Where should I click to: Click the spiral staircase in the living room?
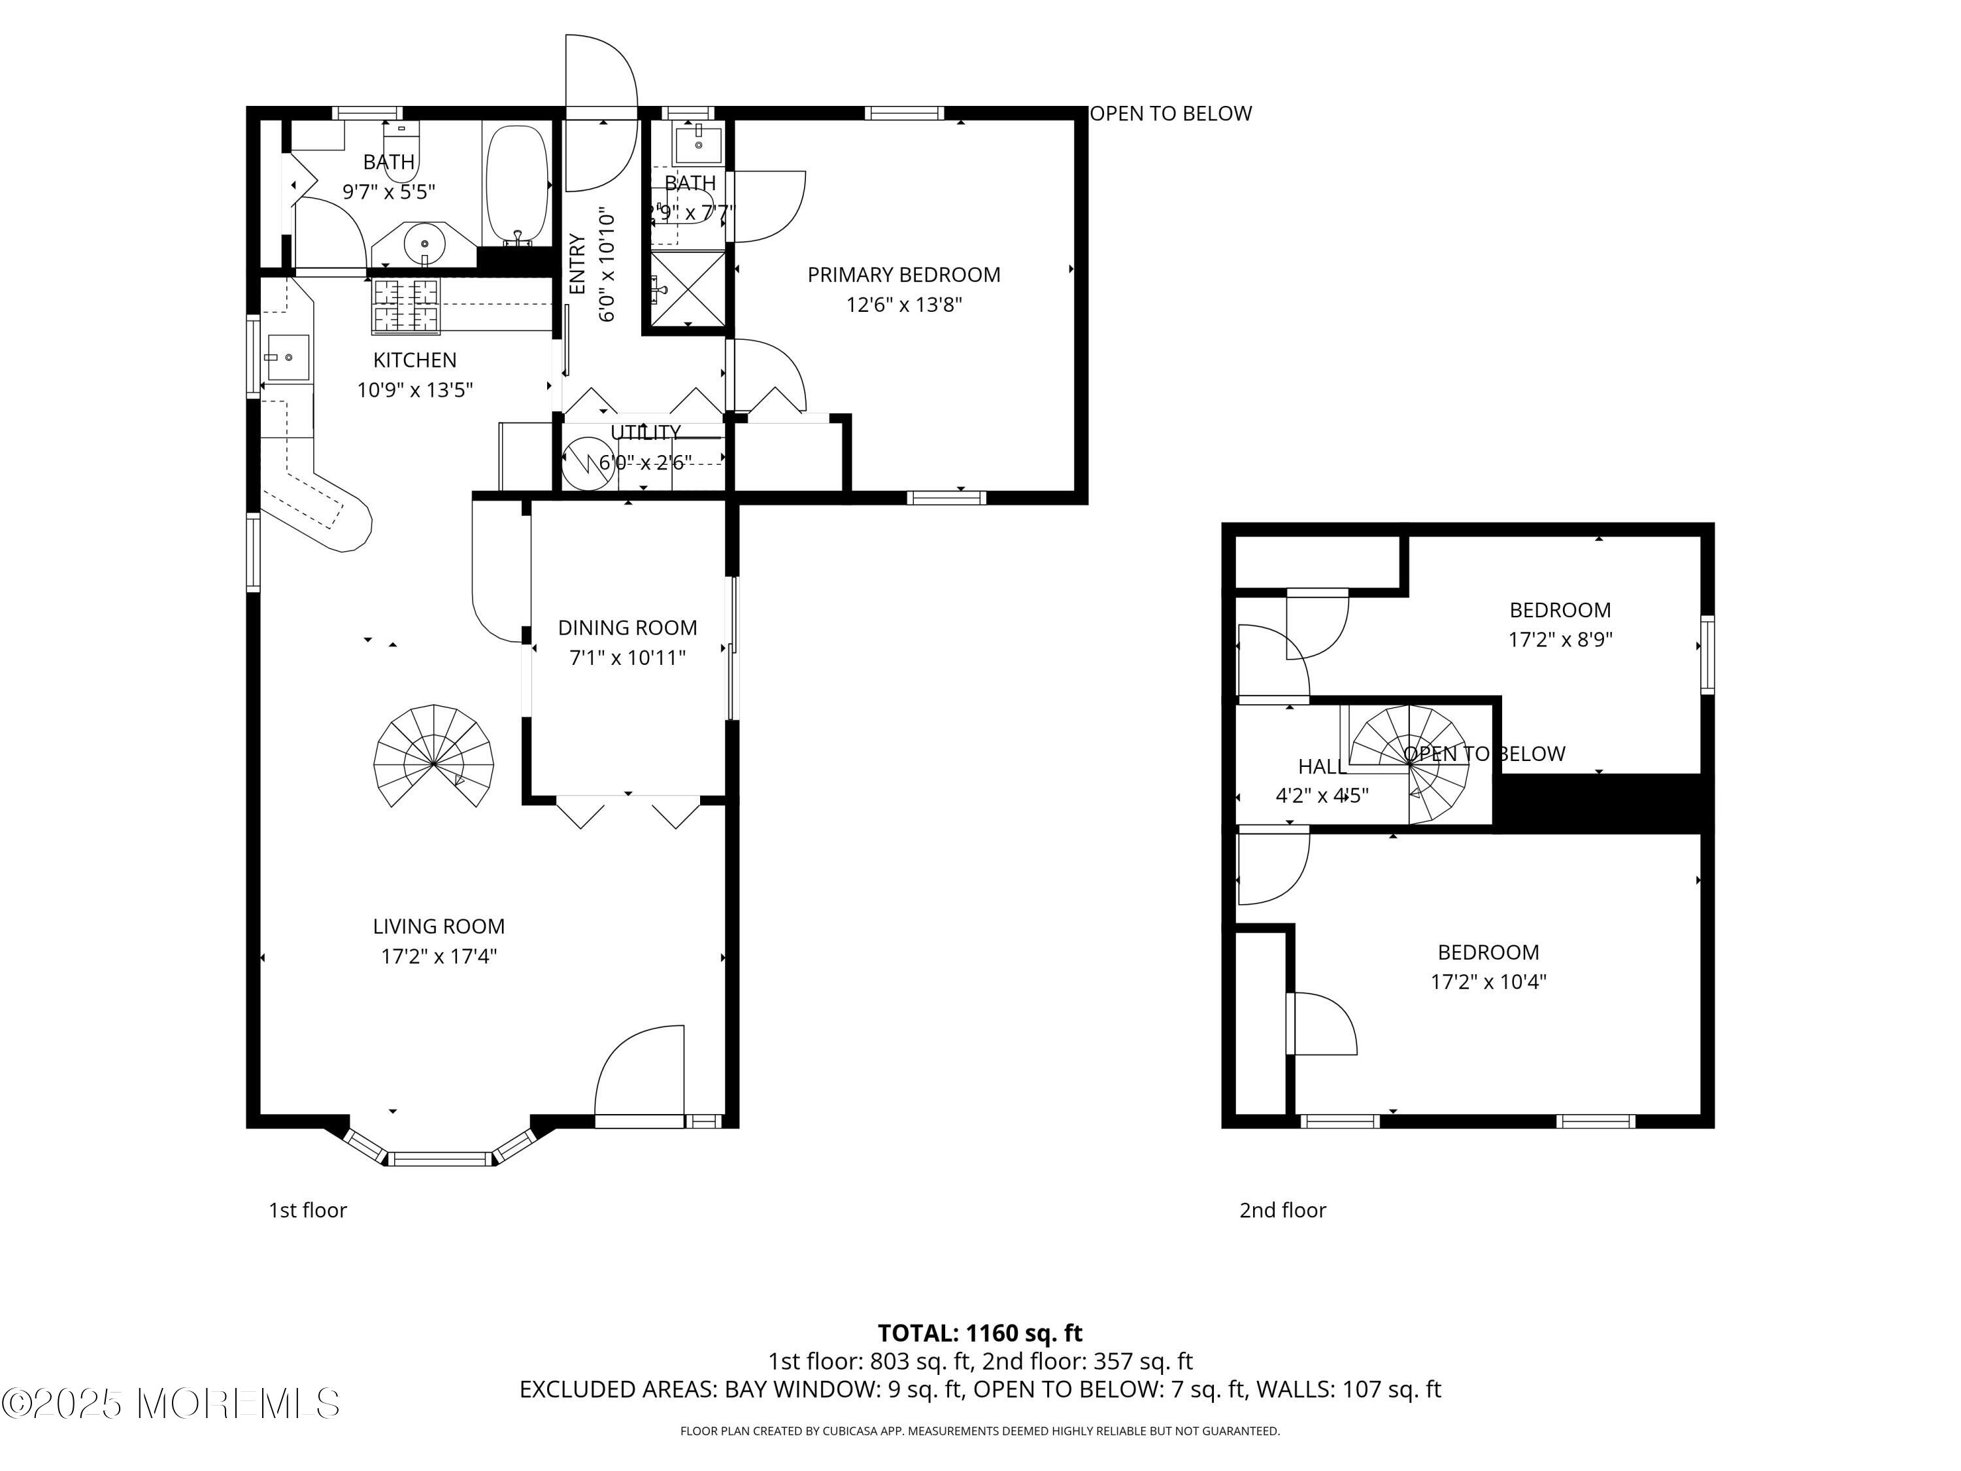[433, 756]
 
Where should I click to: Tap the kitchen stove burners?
[405, 306]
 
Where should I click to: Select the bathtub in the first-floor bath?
[517, 184]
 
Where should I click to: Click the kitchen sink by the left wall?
[287, 358]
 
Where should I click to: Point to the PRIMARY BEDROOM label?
[903, 275]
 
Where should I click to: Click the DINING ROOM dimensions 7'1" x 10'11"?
[627, 658]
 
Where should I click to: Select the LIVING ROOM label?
[438, 926]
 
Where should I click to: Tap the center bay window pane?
[441, 1158]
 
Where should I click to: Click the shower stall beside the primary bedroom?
[688, 288]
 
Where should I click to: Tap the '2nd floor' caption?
[1282, 1210]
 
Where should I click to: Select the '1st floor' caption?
[308, 1210]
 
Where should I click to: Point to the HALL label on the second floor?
[1321, 767]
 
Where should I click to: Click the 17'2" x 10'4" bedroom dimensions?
[1488, 981]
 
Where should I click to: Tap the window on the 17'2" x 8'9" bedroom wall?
[1707, 654]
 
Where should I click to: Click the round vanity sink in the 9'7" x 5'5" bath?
[426, 243]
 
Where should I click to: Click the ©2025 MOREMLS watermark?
[170, 1404]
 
